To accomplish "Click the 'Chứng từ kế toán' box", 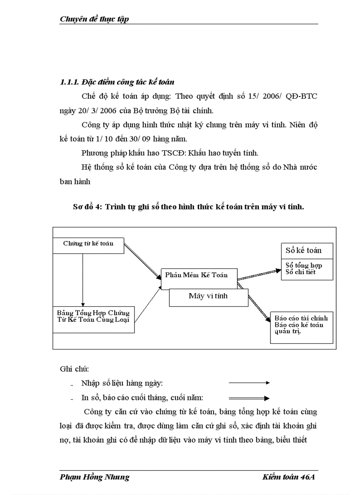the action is [x=88, y=245].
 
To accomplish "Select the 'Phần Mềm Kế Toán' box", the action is [x=199, y=275].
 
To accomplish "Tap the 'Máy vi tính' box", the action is [x=208, y=297].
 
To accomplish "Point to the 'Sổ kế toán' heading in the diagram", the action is [x=303, y=250].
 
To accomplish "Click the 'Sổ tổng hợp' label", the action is [x=304, y=265].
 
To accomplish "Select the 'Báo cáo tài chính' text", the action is [x=301, y=318].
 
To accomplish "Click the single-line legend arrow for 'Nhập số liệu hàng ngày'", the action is [x=249, y=383].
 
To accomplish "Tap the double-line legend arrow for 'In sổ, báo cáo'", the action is [x=249, y=398].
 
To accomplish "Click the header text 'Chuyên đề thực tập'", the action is [x=94, y=19].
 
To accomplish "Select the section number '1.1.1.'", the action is [x=69, y=82].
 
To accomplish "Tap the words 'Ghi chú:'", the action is [x=74, y=368].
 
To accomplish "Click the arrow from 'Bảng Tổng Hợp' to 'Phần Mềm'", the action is [x=147, y=304].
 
